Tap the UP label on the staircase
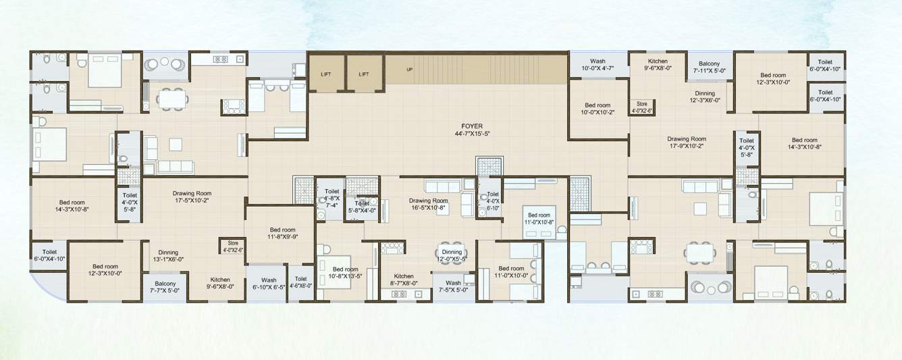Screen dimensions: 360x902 tap(409, 70)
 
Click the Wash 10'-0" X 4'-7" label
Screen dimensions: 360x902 tap(598, 65)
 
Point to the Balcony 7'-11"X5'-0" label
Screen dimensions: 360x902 tap(709, 67)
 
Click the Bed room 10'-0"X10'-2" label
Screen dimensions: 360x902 tap(598, 109)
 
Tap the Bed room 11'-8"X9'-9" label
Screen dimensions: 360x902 tap(283, 234)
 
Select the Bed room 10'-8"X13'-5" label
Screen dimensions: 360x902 tap(344, 272)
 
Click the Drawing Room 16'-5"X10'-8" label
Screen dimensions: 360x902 tap(429, 205)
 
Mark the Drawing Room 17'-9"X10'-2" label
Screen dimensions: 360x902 tap(687, 143)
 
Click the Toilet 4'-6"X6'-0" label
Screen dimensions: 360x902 tap(300, 282)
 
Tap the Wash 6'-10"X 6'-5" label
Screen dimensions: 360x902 tap(269, 284)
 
